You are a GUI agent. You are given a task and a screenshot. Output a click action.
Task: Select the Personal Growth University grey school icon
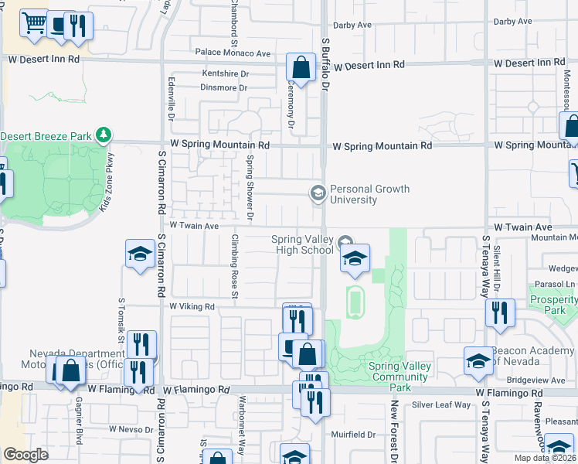318,193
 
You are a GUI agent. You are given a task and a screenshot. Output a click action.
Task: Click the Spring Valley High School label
302,244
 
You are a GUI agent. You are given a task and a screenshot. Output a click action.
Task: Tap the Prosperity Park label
553,305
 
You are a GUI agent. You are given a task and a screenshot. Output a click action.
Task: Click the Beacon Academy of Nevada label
534,355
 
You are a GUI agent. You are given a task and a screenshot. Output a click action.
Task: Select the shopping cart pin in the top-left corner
34,24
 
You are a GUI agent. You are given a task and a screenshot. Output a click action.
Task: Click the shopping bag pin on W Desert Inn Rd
301,67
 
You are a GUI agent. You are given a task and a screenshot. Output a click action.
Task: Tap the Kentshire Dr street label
225,73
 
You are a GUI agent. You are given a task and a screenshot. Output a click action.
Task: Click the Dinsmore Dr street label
224,87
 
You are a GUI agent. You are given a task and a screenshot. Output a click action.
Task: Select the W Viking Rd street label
192,306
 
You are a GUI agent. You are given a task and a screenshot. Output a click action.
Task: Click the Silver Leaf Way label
441,404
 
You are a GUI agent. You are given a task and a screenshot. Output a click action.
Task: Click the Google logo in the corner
25,455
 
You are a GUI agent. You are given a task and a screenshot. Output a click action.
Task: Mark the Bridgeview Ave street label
533,380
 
